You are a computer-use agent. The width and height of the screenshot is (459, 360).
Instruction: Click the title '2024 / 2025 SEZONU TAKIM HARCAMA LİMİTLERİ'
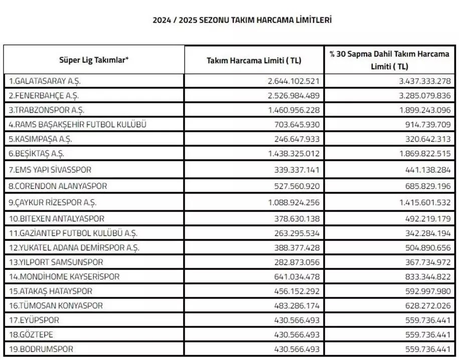point(242,20)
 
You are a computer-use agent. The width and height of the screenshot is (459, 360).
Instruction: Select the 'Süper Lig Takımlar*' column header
point(94,60)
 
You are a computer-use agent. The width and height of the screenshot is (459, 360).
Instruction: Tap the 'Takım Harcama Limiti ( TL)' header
point(254,60)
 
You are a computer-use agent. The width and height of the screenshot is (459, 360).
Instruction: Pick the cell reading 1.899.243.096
point(422,110)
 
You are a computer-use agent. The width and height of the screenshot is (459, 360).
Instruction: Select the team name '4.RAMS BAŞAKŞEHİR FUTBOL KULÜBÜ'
point(77,124)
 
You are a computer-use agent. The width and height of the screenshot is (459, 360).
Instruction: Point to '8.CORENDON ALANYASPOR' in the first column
point(58,186)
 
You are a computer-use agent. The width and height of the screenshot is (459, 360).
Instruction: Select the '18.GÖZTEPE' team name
point(30,334)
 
